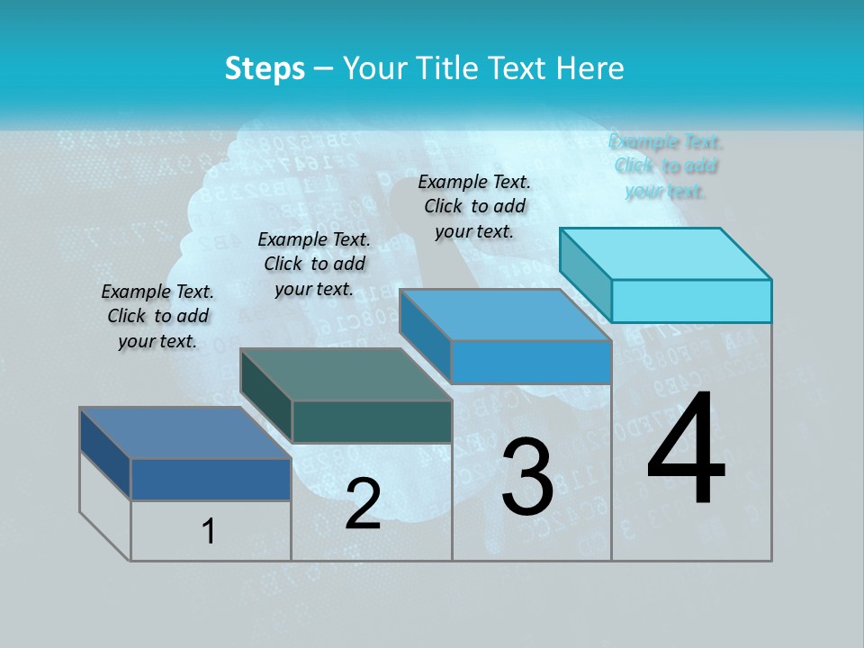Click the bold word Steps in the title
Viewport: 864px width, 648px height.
coord(265,68)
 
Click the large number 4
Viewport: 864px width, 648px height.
coord(686,450)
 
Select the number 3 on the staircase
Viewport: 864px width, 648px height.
coord(527,477)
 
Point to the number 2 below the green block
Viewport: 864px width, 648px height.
coord(364,504)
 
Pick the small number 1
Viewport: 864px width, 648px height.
coord(209,532)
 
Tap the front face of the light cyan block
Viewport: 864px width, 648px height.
coord(691,301)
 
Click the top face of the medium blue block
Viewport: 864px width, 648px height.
coord(505,315)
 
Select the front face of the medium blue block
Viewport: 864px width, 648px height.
coord(531,362)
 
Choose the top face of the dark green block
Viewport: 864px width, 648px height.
coord(346,374)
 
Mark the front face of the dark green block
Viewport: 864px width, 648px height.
coord(372,421)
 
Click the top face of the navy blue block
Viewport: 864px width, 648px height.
coord(185,433)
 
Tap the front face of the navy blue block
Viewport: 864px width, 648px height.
coord(211,479)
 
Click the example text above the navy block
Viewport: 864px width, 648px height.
coord(157,316)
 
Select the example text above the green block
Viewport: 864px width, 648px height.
coord(314,264)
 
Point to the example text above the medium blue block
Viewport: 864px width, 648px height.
coord(474,206)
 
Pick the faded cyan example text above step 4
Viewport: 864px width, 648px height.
coord(666,166)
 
